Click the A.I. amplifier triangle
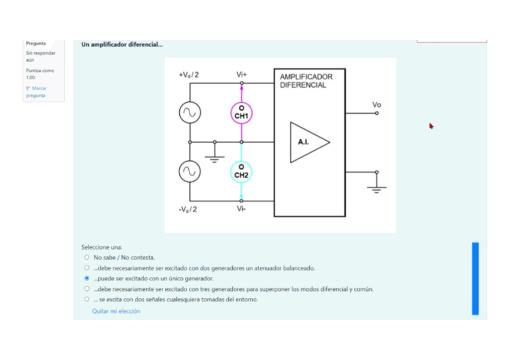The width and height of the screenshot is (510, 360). [290, 142]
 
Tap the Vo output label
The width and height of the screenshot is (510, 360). [376, 105]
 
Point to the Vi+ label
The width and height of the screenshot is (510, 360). [241, 75]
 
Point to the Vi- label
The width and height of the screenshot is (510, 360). [241, 209]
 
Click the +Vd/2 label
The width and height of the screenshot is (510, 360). [189, 75]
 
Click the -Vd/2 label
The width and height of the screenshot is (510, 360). [188, 209]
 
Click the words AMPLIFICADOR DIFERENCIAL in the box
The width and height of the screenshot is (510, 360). [306, 81]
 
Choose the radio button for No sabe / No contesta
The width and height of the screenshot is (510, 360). [87, 257]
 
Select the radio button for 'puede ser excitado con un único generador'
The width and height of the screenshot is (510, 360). [87, 278]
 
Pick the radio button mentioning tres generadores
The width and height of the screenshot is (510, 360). [87, 288]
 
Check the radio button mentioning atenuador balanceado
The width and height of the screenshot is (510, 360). [87, 267]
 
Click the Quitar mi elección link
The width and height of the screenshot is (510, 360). [116, 311]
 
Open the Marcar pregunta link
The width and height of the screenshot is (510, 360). [36, 91]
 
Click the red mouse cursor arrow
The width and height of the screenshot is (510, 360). [431, 126]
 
